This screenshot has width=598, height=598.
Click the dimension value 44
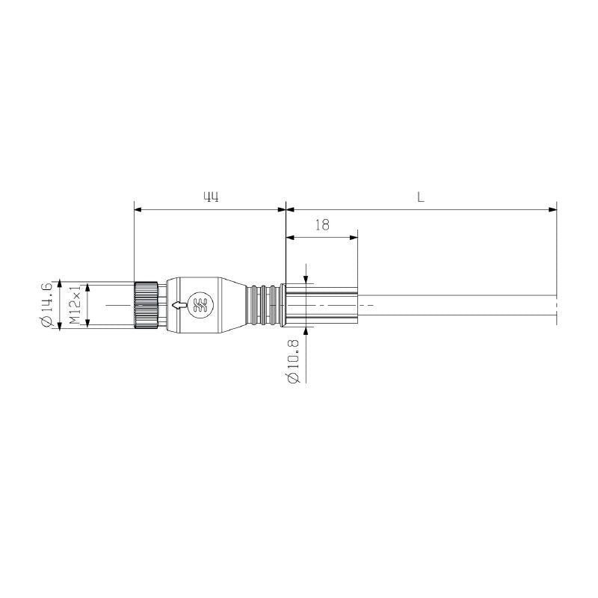211,197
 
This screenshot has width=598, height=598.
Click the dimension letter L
421,197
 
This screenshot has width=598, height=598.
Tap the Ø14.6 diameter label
47,305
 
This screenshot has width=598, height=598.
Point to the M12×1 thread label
75,305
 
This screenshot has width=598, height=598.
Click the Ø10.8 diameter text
293,362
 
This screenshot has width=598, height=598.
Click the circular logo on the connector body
200,305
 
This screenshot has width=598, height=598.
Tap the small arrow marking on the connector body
179,305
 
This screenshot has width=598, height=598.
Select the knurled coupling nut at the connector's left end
146,305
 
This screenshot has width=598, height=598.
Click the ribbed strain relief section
265,305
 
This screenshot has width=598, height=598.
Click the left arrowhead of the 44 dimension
138,209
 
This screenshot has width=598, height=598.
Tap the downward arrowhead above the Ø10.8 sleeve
306,280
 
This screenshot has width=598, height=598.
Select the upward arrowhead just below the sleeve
306,330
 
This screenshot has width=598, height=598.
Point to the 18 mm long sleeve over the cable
321,305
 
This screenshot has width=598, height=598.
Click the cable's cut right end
556,305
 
